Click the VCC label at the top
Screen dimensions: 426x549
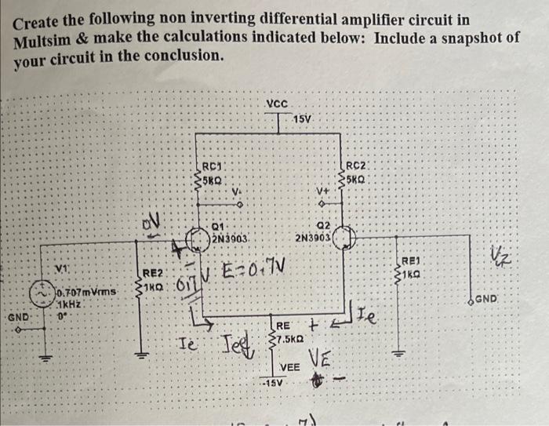pyautogui.click(x=277, y=104)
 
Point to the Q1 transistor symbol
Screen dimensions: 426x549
pyautogui.click(x=196, y=237)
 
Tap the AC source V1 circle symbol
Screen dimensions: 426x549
pyautogui.click(x=40, y=292)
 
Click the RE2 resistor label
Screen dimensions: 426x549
pyautogui.click(x=154, y=272)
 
